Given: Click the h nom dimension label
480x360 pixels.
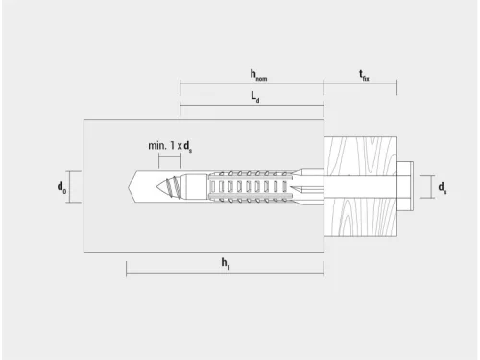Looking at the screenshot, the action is pos(258,75).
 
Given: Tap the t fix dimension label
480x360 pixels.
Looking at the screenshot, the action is pos(364,76).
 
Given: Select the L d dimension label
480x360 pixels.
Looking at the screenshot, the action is pos(255,97).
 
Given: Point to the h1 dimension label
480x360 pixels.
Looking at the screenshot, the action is pos(226,264).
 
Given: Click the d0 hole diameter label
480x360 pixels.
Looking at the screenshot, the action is pos(61,187).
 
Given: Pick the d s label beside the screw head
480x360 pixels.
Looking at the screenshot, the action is pos(443,188).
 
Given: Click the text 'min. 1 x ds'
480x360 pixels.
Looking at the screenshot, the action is pos(170,147).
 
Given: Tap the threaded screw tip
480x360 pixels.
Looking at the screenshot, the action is pos(169,187).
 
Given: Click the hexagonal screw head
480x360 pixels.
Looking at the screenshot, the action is pos(405,186).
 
